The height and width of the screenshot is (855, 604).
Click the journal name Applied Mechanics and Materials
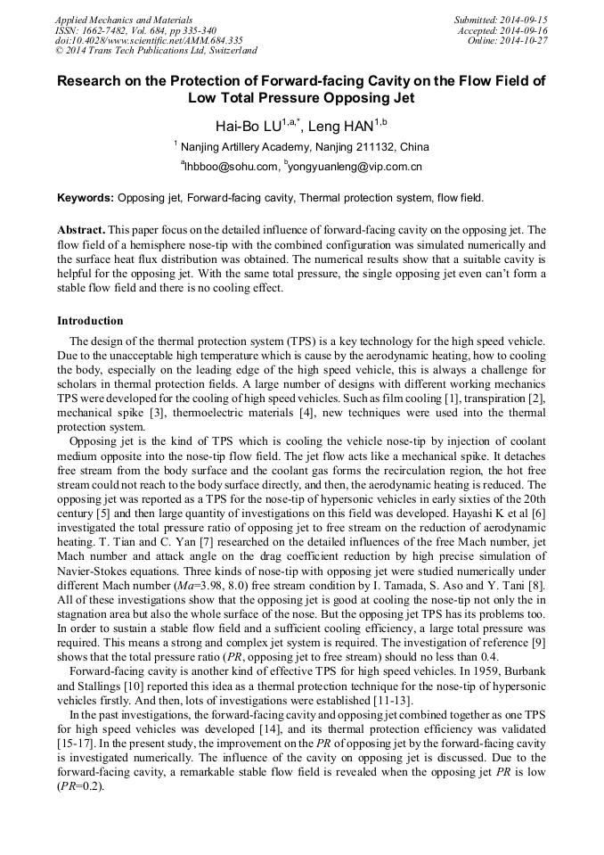tap(123, 20)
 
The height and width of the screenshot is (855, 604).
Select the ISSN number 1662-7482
tap(99, 29)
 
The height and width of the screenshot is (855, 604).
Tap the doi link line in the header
tap(149, 40)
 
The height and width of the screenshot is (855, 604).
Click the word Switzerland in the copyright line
tap(228, 51)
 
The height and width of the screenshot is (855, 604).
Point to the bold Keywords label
tap(85, 197)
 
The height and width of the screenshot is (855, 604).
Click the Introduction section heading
tap(90, 321)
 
